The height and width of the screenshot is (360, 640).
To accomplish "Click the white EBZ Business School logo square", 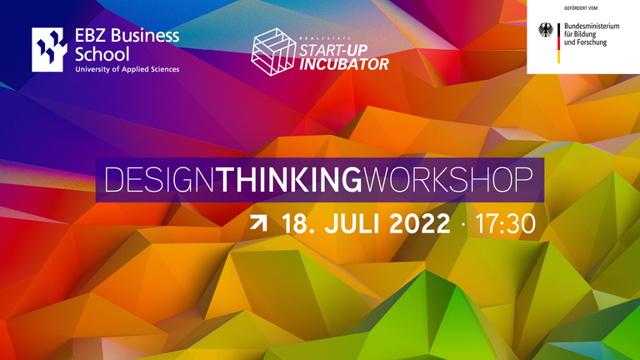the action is click(x=49, y=49).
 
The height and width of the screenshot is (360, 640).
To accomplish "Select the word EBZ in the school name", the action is click(x=91, y=36).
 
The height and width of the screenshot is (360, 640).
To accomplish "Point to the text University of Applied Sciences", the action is click(x=127, y=69).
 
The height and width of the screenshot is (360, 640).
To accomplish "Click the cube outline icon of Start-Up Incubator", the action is click(x=273, y=52).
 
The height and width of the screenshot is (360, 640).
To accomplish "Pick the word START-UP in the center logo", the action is click(x=333, y=51).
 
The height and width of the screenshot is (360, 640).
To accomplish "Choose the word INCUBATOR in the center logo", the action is click(x=344, y=64).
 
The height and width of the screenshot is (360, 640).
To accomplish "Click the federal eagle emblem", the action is click(x=546, y=30).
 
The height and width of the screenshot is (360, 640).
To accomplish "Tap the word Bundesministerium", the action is click(x=592, y=26).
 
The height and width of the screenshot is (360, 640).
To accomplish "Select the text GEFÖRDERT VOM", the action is click(x=581, y=8).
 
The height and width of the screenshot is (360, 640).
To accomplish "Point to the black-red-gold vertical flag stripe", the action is click(x=559, y=43).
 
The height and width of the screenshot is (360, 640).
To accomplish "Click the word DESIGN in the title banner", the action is click(x=160, y=180).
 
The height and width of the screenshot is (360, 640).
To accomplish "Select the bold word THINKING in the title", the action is click(x=289, y=180).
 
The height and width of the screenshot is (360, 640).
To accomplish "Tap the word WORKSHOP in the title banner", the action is click(x=448, y=180).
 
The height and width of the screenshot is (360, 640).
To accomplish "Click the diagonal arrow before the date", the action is click(x=259, y=223).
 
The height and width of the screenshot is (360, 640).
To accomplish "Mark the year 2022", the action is click(x=420, y=223).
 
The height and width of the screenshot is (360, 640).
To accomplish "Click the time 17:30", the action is click(x=505, y=224).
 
